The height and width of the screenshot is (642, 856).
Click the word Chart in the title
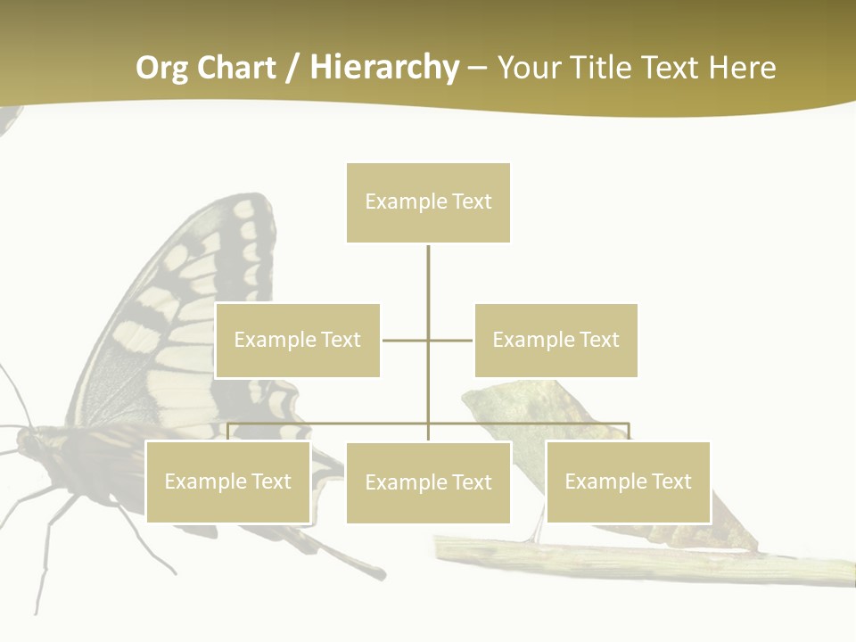tap(238, 68)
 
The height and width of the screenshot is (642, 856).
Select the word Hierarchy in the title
tap(384, 68)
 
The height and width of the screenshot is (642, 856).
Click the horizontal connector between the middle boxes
tap(406, 341)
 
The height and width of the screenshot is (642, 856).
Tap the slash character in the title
tap(292, 68)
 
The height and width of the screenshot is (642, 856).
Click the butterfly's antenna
tap(16, 392)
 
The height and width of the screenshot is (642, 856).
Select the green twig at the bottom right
tap(624, 560)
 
